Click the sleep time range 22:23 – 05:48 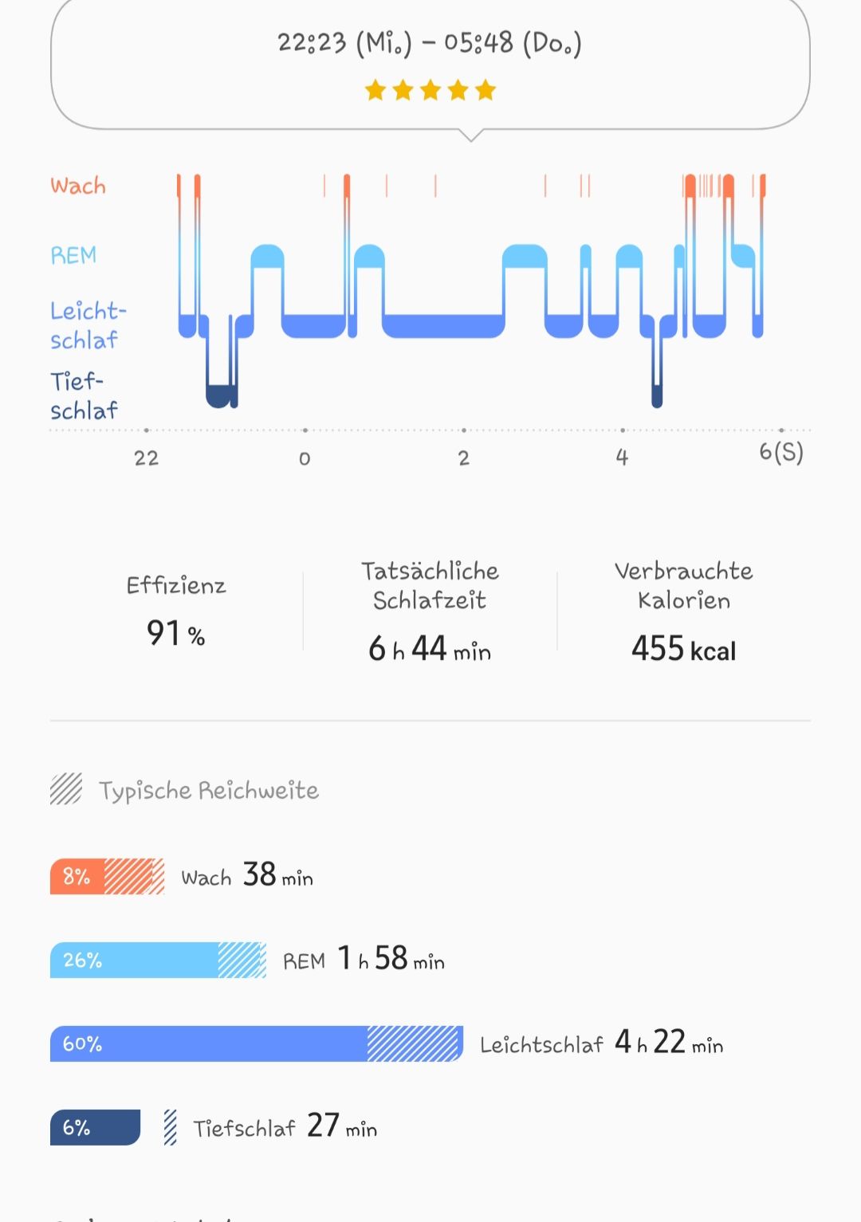[430, 43]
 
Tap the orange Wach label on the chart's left [78, 186]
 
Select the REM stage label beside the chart [73, 255]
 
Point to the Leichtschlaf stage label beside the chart [88, 325]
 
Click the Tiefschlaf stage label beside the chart [84, 395]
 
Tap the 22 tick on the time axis [147, 458]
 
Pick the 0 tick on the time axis [305, 458]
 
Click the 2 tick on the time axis [464, 458]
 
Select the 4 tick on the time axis [622, 458]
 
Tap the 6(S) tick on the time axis [780, 453]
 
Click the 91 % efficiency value [175, 634]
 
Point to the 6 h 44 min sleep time [430, 649]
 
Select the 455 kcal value [683, 649]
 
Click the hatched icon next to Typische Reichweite [66, 789]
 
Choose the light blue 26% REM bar [134, 960]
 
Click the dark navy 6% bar [95, 1127]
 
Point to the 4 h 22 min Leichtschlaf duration [669, 1043]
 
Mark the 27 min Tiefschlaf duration [342, 1126]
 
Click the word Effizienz [176, 586]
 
